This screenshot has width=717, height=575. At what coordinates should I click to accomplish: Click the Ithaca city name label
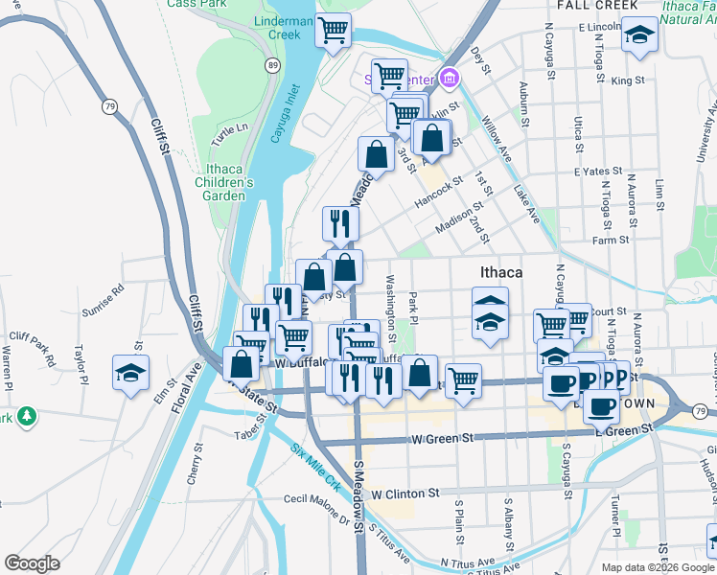[501, 272]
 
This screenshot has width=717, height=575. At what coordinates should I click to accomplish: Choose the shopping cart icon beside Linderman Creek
[333, 30]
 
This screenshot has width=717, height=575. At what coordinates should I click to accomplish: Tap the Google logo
[32, 563]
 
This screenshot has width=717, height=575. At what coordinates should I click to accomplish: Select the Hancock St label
[439, 192]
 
